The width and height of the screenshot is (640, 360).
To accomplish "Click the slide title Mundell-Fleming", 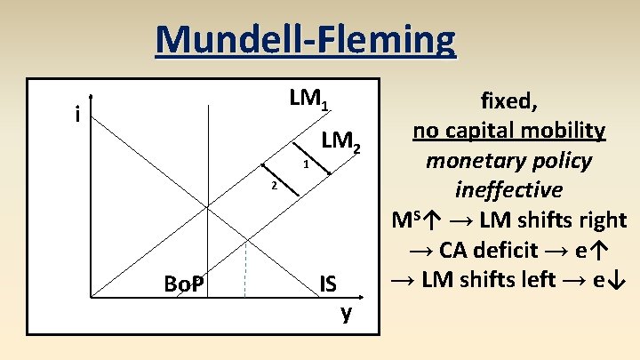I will point(305,40).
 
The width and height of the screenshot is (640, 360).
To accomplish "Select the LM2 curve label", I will point(341,140).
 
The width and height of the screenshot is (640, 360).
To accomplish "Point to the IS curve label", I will point(328,284).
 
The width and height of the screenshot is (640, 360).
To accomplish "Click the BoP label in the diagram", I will point(185,284).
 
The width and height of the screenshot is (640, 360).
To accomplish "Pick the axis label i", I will point(78,115).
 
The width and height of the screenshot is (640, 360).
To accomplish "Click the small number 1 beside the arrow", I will point(305,165).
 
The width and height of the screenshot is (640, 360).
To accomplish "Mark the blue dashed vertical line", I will point(245,267).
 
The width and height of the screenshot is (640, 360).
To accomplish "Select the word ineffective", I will point(508,189).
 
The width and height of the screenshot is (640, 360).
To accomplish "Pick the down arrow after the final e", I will point(620,279).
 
